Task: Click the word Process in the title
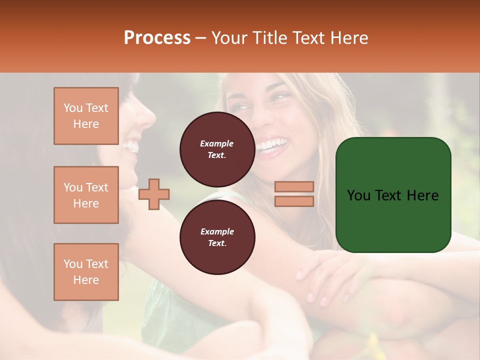click(157, 38)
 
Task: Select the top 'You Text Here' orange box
click(86, 116)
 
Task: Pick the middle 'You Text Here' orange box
click(86, 195)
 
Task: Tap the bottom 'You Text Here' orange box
click(86, 272)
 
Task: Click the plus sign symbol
click(154, 193)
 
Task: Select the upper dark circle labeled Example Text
click(217, 149)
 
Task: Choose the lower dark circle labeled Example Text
click(217, 237)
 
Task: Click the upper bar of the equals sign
click(294, 186)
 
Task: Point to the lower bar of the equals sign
click(294, 201)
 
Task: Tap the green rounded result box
click(393, 195)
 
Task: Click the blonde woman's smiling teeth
click(272, 145)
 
